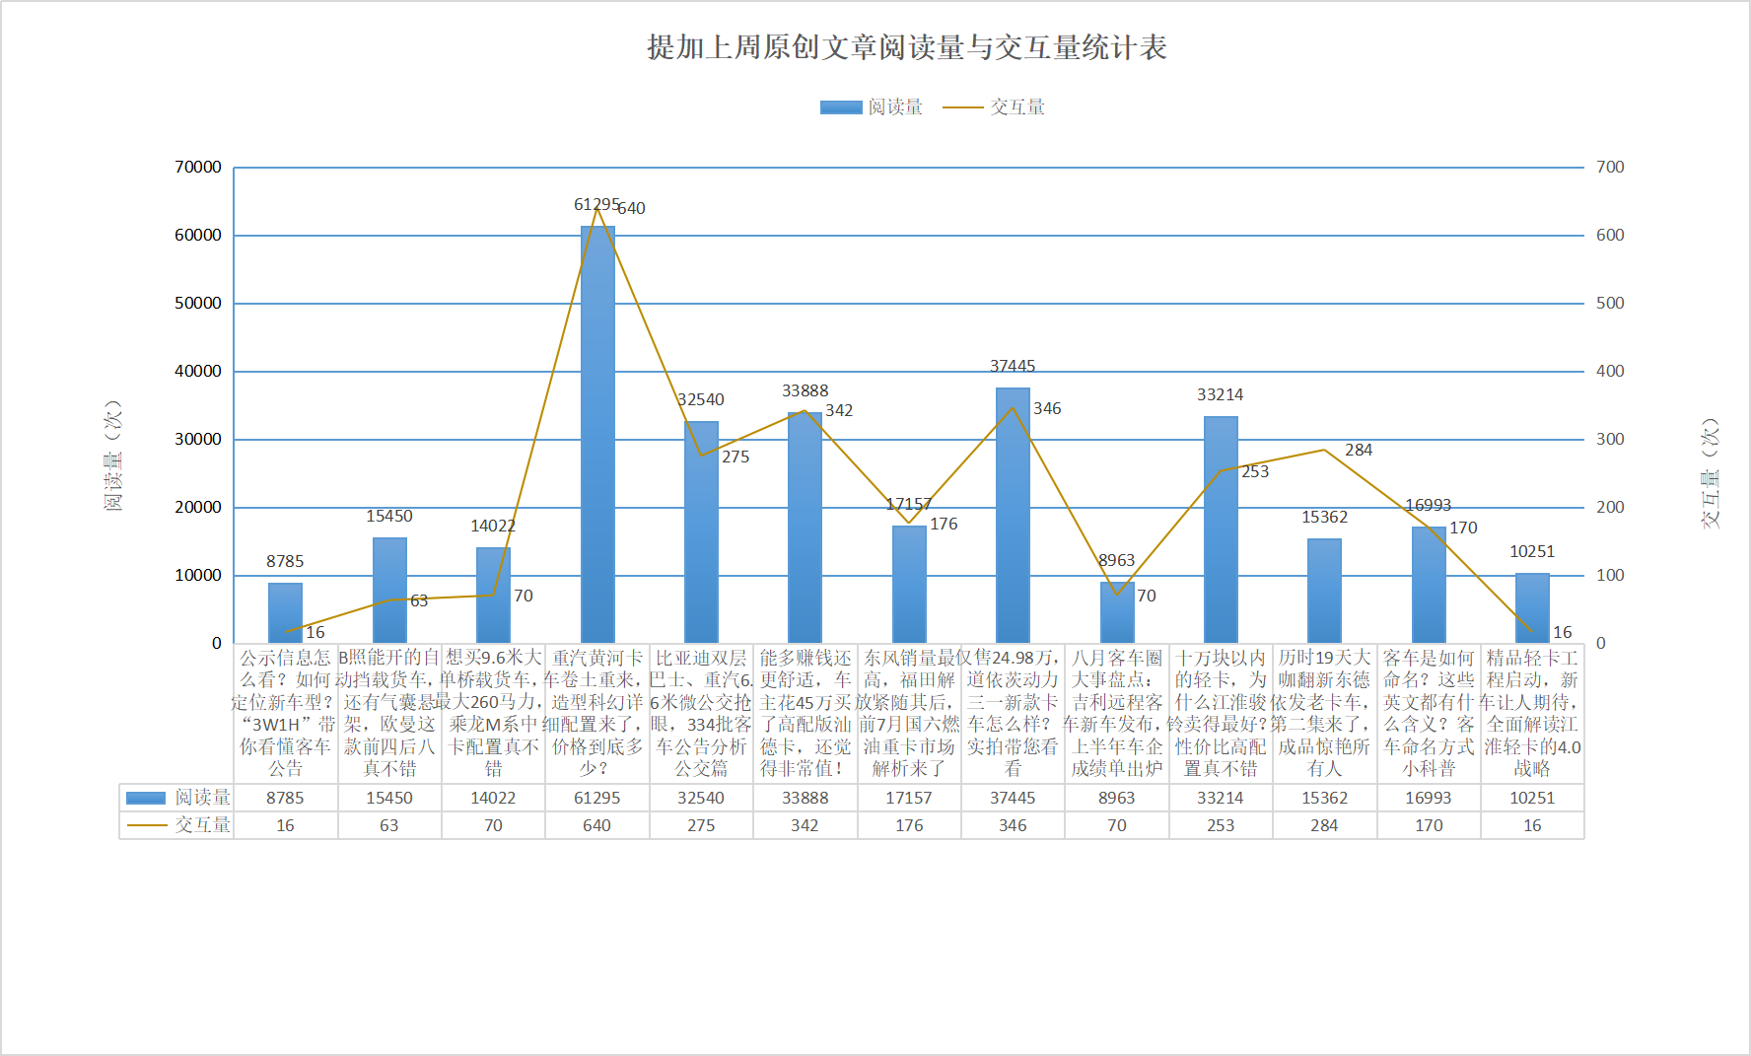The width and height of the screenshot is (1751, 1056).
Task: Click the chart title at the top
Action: click(906, 47)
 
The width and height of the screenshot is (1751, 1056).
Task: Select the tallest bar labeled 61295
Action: click(597, 434)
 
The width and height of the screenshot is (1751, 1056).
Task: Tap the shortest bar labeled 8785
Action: click(286, 613)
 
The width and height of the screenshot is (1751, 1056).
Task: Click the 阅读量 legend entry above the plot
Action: click(872, 107)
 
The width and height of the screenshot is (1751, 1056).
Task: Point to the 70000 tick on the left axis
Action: click(198, 168)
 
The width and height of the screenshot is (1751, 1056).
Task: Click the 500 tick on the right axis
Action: click(1610, 304)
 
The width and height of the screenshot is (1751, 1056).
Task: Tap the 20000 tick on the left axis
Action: click(198, 508)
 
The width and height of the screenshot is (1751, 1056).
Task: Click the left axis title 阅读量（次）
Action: click(113, 456)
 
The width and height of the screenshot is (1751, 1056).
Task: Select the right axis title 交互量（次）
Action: click(1710, 473)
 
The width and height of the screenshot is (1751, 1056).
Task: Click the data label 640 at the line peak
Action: click(631, 209)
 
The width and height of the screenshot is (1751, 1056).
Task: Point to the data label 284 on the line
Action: click(1359, 451)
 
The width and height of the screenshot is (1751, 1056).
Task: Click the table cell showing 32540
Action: click(701, 798)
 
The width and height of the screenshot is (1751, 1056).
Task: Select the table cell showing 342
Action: click(805, 825)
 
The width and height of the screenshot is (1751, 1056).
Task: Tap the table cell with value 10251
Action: click(1532, 798)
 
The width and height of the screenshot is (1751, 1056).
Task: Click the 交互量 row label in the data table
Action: click(177, 825)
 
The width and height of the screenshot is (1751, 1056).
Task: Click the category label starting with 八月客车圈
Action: click(1117, 713)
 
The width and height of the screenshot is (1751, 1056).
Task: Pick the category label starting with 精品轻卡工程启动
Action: click(1532, 713)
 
